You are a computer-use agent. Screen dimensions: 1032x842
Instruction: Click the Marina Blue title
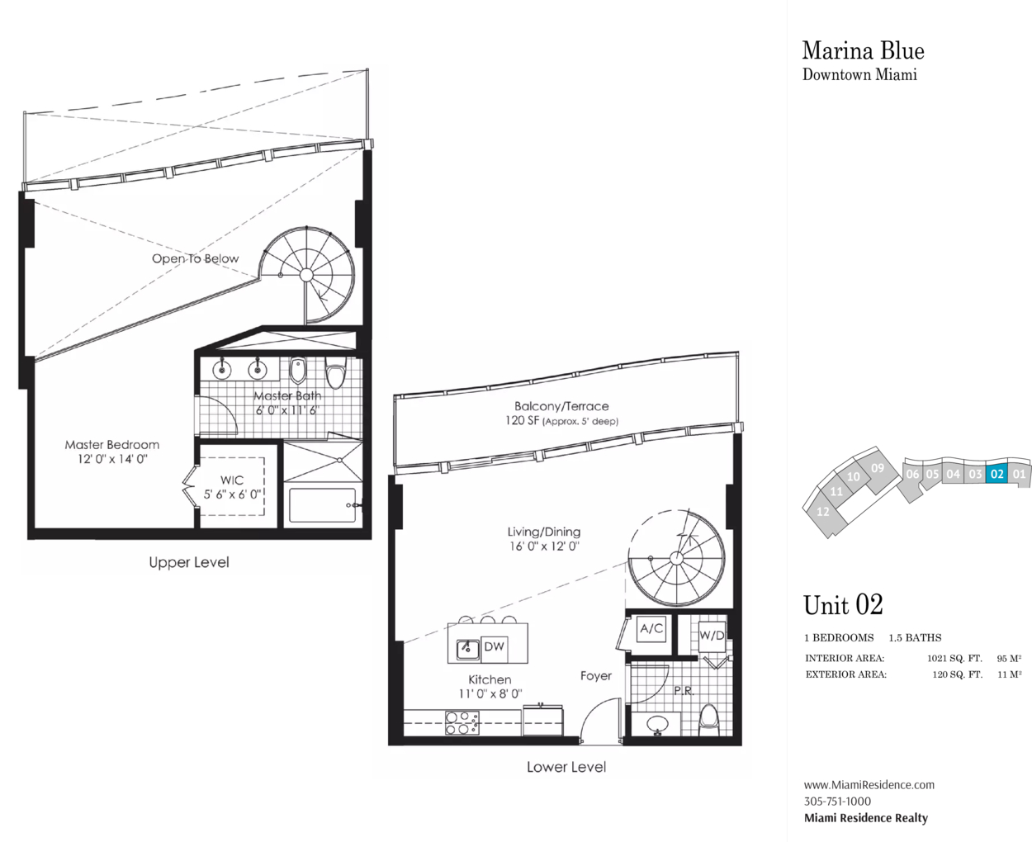point(864,51)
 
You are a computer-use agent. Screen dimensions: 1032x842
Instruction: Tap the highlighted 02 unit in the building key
point(996,474)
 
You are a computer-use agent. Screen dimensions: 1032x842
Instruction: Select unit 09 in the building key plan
point(878,468)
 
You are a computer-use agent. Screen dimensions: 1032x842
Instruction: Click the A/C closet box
point(651,628)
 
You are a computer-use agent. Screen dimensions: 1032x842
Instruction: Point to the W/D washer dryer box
point(712,636)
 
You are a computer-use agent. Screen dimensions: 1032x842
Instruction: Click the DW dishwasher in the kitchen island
point(495,647)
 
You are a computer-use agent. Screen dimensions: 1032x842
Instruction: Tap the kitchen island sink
point(467,649)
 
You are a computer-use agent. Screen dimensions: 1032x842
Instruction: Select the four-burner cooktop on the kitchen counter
point(462,723)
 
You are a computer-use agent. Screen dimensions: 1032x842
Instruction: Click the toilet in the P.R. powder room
point(709,719)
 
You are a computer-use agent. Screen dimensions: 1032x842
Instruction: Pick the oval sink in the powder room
point(656,723)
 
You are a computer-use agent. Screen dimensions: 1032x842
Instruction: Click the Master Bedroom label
point(112,445)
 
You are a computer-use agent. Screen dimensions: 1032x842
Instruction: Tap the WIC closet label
point(232,480)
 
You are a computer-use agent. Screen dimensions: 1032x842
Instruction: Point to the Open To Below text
point(195,258)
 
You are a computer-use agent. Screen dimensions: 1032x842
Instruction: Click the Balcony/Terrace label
point(561,406)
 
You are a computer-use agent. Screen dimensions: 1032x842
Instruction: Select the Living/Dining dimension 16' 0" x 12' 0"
point(544,546)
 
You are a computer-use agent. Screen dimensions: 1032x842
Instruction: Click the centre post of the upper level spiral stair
point(306,275)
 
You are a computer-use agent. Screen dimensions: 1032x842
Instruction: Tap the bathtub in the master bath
point(323,505)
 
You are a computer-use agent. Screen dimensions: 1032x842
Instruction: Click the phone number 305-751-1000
point(837,802)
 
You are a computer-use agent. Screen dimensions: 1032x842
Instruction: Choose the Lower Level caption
point(566,767)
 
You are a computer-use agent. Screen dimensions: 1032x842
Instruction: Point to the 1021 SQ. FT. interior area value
point(954,659)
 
